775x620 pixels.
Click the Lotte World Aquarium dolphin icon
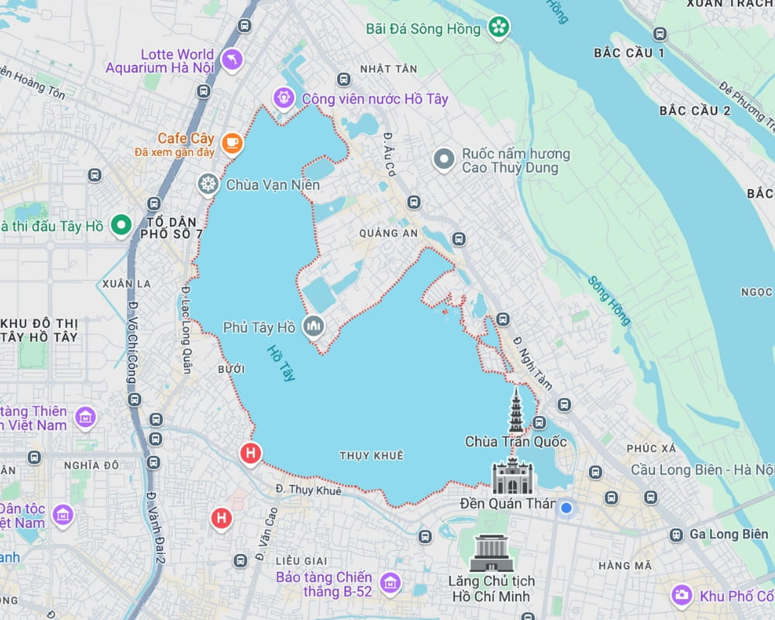[x=231, y=60]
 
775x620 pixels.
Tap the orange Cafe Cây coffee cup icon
[x=231, y=143]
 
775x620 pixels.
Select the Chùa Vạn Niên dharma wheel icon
[x=208, y=184]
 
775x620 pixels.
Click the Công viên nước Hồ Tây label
[x=374, y=98]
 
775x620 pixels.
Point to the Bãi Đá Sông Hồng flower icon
[x=498, y=29]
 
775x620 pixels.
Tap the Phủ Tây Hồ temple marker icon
[x=314, y=327]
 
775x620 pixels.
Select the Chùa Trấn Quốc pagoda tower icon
[x=516, y=411]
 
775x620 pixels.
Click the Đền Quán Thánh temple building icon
[x=513, y=477]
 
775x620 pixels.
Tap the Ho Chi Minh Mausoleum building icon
[x=491, y=553]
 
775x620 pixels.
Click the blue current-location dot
[x=567, y=508]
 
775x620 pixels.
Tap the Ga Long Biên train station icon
[x=677, y=534]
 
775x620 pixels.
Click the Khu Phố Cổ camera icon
[x=682, y=595]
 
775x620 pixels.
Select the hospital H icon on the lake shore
[x=250, y=453]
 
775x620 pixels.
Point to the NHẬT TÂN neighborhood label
[x=388, y=69]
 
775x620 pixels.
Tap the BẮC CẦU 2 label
[x=694, y=110]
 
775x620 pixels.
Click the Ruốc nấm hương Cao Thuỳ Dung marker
[x=444, y=160]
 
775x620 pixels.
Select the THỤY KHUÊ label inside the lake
[x=371, y=456]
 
